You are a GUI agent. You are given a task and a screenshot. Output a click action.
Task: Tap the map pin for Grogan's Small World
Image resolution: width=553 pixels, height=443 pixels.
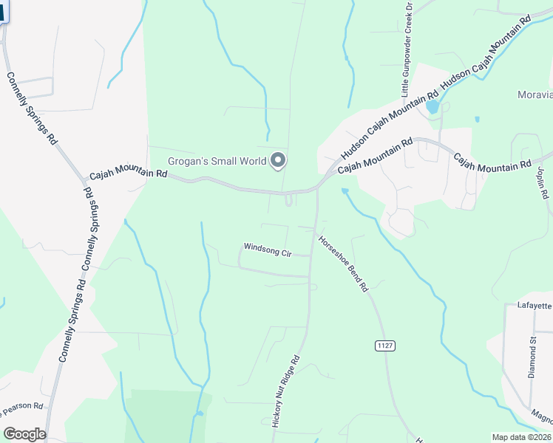click(x=279, y=159)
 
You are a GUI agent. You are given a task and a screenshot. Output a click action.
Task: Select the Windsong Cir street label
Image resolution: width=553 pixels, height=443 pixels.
click(x=268, y=250)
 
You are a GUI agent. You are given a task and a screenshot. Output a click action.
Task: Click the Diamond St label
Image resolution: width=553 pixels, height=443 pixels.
click(x=532, y=357)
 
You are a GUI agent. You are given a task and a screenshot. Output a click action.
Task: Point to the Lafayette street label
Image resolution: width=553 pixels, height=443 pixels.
click(x=535, y=305)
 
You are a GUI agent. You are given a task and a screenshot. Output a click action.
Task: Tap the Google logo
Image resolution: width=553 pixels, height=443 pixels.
click(x=24, y=434)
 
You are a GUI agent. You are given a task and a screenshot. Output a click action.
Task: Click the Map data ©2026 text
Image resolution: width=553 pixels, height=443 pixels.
click(x=521, y=437)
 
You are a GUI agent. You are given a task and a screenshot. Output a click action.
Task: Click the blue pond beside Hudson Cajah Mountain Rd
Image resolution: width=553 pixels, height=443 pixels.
click(x=432, y=107)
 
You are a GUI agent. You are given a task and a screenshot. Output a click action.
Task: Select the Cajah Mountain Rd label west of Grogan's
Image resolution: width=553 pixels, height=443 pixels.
click(x=129, y=175)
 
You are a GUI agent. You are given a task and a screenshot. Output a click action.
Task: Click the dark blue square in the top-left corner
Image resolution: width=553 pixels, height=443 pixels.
click(x=3, y=10)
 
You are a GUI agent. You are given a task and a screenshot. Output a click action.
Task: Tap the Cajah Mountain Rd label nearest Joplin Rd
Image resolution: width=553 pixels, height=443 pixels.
click(x=492, y=162)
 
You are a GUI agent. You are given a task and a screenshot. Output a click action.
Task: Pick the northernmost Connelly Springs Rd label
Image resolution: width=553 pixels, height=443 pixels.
click(x=31, y=108)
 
